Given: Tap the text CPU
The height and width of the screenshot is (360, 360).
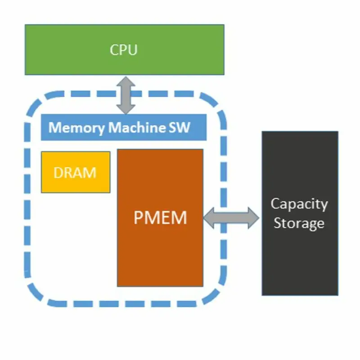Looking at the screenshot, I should [x=124, y=49].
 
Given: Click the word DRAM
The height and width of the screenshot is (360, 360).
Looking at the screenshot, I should [x=75, y=172].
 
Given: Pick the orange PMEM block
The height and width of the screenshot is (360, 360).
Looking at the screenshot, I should [x=160, y=252].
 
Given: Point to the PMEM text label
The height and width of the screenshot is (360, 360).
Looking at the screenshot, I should [x=160, y=218].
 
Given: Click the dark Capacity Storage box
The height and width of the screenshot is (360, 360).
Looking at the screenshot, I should [x=300, y=261].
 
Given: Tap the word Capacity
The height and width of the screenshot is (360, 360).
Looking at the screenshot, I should [x=299, y=204].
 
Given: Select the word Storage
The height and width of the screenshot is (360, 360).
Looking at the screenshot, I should [x=299, y=223].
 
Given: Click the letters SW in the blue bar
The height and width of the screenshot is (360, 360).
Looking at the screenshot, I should [x=180, y=127].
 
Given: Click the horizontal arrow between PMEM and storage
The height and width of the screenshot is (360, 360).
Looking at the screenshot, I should [x=231, y=218].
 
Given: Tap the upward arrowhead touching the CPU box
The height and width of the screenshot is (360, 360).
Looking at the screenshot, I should [x=126, y=82].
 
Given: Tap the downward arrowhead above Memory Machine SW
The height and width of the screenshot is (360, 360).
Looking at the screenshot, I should [x=126, y=108].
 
